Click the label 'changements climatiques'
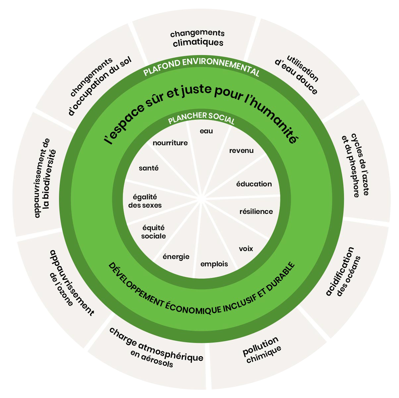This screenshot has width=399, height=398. point(198,38)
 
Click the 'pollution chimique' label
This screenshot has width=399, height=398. point(261,350)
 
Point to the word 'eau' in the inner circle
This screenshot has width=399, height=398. point(206,131)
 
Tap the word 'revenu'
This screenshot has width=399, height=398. point(241,151)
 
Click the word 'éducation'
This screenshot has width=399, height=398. point(254,184)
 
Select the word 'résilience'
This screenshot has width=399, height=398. point(256,211)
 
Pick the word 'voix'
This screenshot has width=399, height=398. point(246,248)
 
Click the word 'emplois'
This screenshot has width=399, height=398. point(214,264)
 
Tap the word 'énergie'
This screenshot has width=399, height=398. point(176,256)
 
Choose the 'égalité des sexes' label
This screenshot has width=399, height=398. point(145,201)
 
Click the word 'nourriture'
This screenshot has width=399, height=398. point(170,143)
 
